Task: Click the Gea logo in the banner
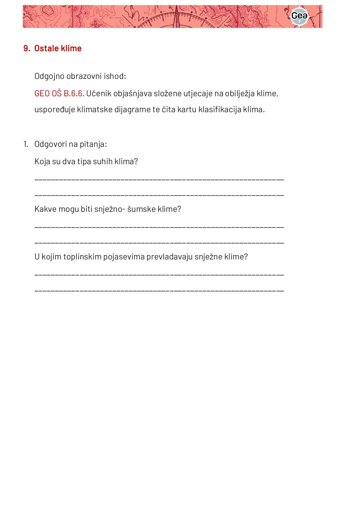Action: tap(299, 16)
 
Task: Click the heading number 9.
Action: tap(27, 49)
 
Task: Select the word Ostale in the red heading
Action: tap(47, 49)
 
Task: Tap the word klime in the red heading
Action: tap(71, 49)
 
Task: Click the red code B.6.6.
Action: tap(74, 94)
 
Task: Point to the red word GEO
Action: tap(42, 94)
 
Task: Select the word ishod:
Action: tap(115, 76)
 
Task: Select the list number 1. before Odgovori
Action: tap(26, 144)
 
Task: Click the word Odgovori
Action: tap(51, 144)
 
